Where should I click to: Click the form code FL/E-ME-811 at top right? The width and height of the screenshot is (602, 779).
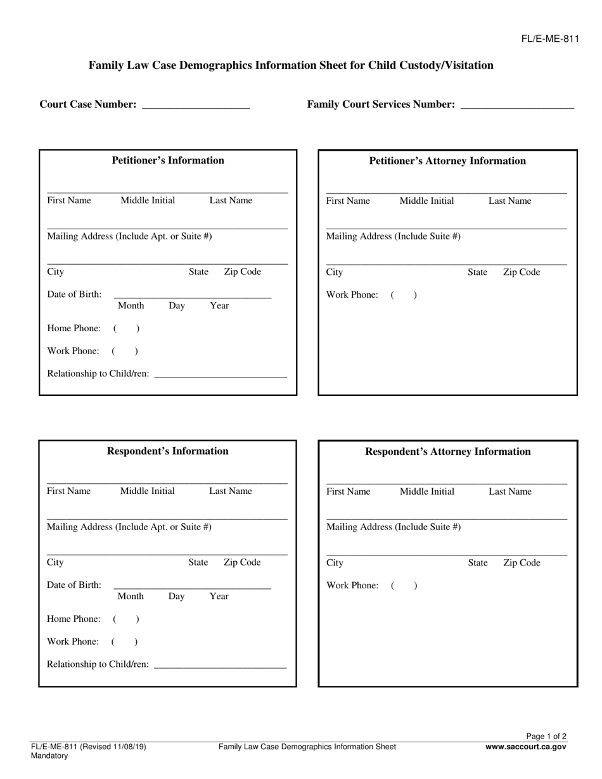[x=550, y=39]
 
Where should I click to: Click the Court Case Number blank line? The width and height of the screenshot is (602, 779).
[x=196, y=105]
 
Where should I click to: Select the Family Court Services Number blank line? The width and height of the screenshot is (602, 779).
[x=516, y=105]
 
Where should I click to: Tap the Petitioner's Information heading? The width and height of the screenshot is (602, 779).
[x=168, y=160]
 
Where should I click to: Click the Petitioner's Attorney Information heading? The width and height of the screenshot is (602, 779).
[x=447, y=161]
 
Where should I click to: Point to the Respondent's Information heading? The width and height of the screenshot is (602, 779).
[x=168, y=451]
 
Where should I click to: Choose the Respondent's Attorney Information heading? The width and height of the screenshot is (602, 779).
[x=448, y=452]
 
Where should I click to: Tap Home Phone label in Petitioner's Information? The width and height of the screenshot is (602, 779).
[x=74, y=328]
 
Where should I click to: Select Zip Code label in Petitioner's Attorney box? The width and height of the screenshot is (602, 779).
[x=522, y=272]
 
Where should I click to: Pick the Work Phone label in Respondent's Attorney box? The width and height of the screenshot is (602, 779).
[x=352, y=585]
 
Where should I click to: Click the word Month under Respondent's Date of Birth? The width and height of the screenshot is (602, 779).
[x=131, y=596]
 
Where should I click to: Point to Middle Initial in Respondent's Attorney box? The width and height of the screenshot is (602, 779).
[x=427, y=491]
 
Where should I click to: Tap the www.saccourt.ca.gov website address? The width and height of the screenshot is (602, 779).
[x=526, y=747]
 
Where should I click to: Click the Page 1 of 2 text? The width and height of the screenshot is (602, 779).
[x=546, y=736]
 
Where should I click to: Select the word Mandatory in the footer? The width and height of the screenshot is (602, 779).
[x=49, y=756]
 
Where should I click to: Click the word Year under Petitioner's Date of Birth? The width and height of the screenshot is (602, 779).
[x=219, y=306]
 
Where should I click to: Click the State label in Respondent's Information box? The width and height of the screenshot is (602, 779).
[x=198, y=562]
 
